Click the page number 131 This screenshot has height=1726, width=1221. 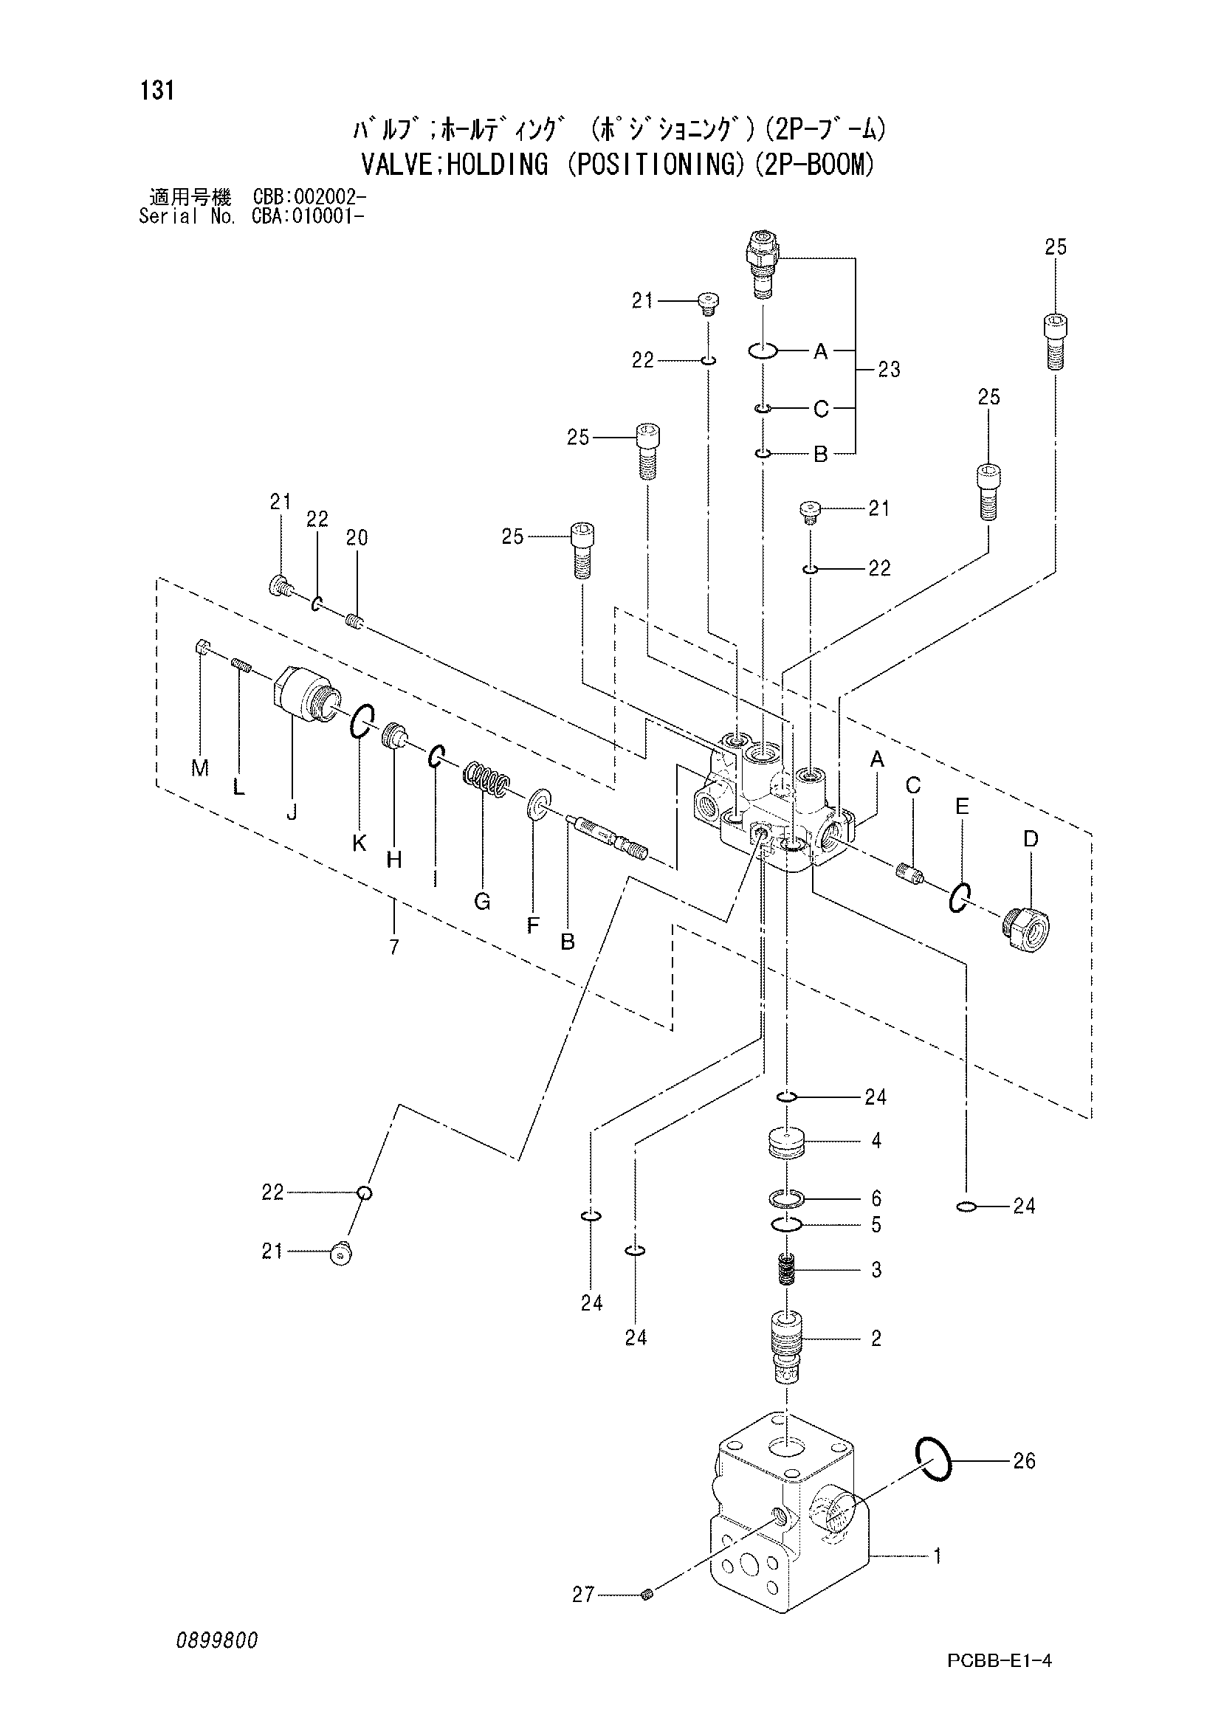[x=157, y=91]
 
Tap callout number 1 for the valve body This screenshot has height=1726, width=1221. [x=938, y=1556]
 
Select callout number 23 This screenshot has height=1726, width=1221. [x=889, y=369]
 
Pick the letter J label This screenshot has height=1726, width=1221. [x=292, y=812]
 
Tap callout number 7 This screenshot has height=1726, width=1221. [x=394, y=947]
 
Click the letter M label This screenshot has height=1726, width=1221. [x=200, y=767]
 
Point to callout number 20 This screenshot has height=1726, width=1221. [x=357, y=537]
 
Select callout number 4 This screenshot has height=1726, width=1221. [x=876, y=1140]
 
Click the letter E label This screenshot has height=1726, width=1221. [x=962, y=807]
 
